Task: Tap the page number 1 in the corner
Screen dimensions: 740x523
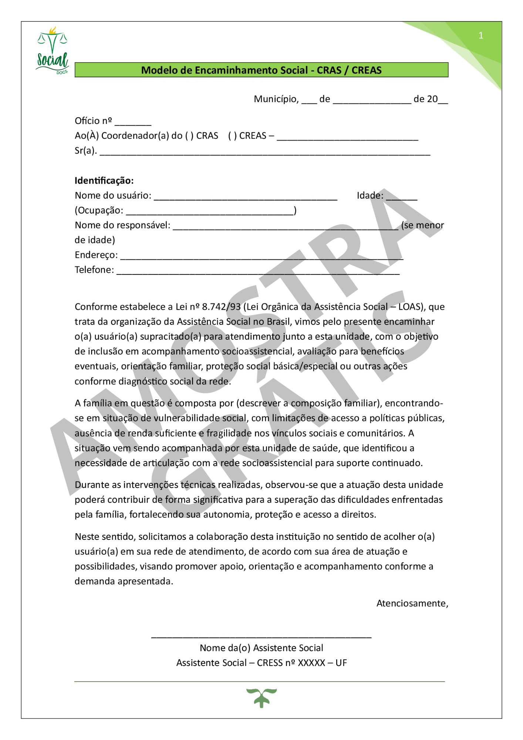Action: coord(480,36)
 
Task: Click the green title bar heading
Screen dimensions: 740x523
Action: coord(261,70)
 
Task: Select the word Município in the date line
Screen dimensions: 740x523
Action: coord(276,99)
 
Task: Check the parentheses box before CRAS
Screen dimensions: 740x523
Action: coord(189,136)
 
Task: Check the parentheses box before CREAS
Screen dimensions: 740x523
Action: coord(232,136)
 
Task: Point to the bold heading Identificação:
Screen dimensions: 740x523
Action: coord(104,181)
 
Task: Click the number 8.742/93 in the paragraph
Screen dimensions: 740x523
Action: coord(221,307)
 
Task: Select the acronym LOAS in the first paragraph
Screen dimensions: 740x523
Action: coord(410,307)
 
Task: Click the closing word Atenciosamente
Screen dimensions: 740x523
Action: coord(412,603)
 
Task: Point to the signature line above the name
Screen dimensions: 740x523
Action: coord(261,636)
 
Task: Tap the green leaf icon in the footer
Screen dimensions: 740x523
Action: coord(261,697)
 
